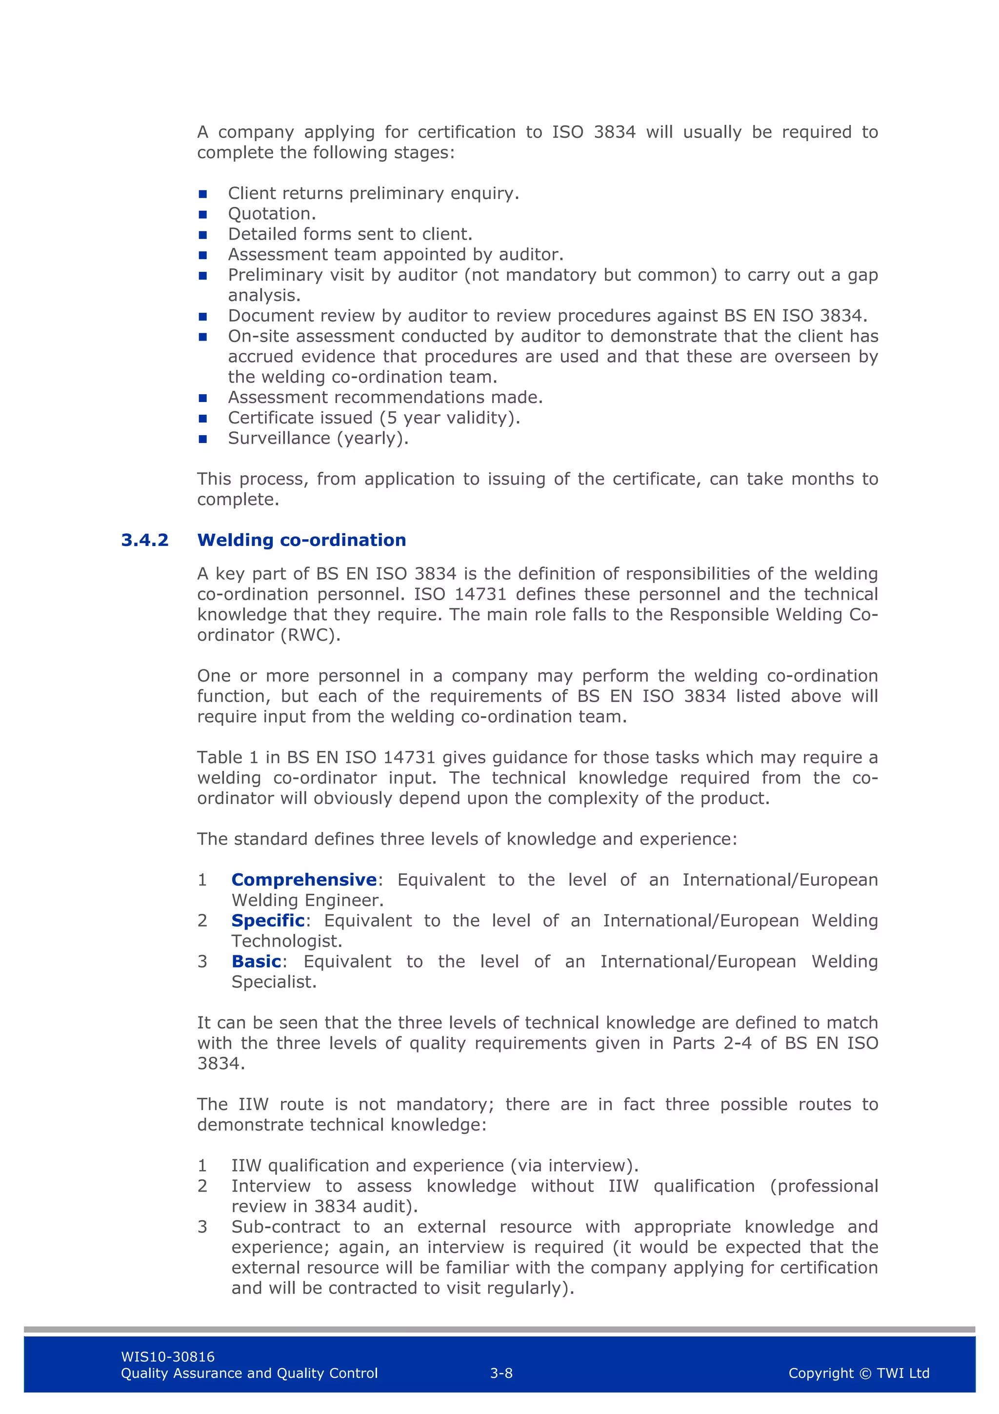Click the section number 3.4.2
pyautogui.click(x=145, y=540)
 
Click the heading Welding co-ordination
pyautogui.click(x=301, y=540)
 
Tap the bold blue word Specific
pyautogui.click(x=268, y=920)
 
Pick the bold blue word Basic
pyautogui.click(x=256, y=961)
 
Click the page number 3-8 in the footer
pyautogui.click(x=501, y=1373)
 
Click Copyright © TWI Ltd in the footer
pyautogui.click(x=859, y=1373)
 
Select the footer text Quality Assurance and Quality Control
pyautogui.click(x=249, y=1373)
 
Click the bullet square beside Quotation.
pyautogui.click(x=202, y=214)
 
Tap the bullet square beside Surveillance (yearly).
pyautogui.click(x=202, y=439)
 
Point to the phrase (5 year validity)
pyautogui.click(x=449, y=418)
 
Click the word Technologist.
pyautogui.click(x=286, y=941)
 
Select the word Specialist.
pyautogui.click(x=273, y=982)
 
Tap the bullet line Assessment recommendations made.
pyautogui.click(x=385, y=397)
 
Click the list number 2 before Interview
pyautogui.click(x=202, y=1186)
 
